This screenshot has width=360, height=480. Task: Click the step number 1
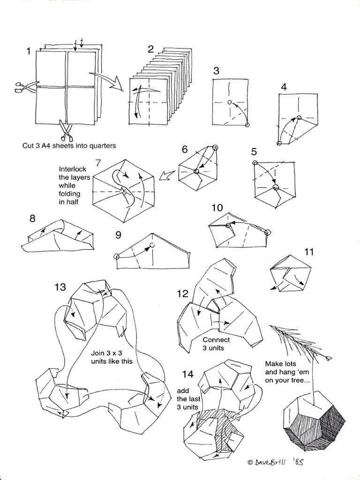pos(29,52)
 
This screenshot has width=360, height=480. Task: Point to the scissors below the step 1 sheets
pos(66,130)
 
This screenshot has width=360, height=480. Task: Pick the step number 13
pos(60,287)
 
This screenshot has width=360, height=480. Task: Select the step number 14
pos(188,374)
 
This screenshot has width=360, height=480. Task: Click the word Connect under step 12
pos(216,339)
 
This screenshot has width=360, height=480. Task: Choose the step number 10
pos(217,207)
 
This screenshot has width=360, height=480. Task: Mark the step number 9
pos(119,235)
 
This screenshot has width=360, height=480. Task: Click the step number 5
pos(254,151)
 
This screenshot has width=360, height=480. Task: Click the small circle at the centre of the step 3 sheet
pos(229,102)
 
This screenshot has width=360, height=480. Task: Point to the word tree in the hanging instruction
pos(300,380)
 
